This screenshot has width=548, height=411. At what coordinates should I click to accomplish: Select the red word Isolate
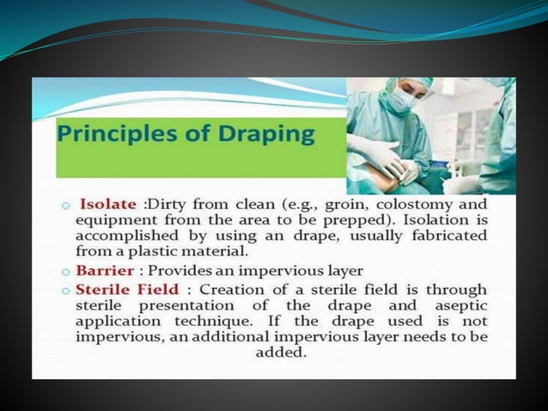(x=107, y=204)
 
